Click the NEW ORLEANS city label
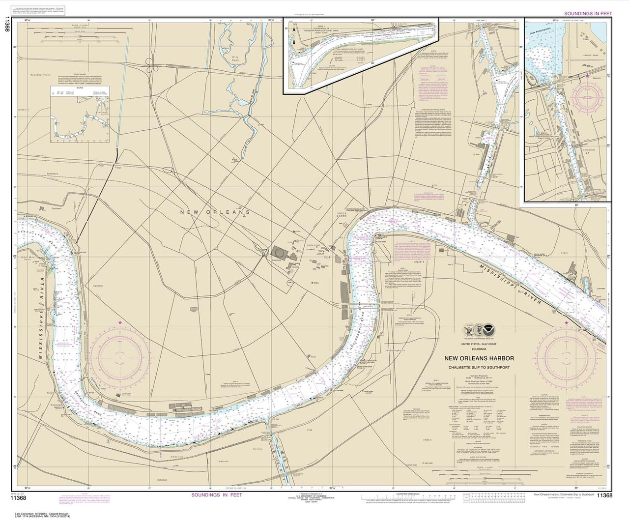(x=215, y=212)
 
